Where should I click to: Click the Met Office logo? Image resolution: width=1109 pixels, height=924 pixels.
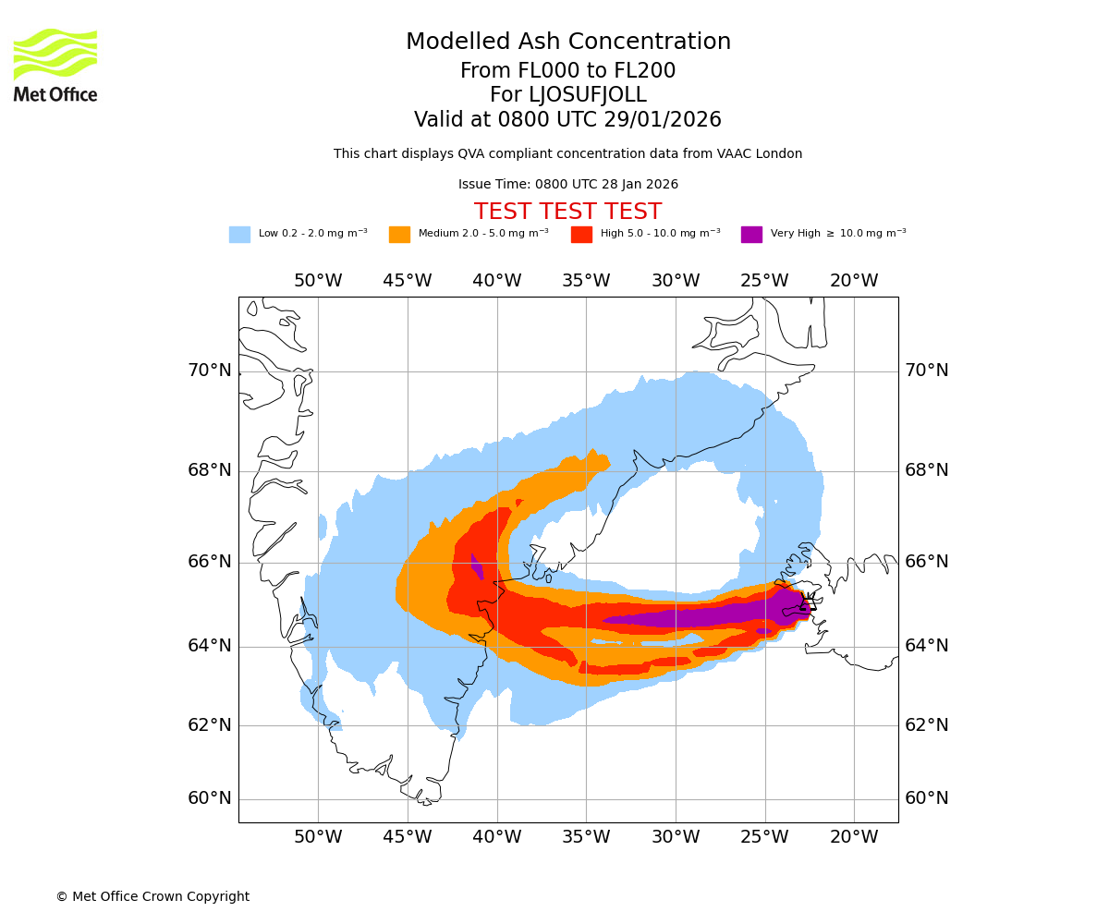55,65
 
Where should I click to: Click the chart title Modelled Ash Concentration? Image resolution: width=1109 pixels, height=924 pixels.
568,43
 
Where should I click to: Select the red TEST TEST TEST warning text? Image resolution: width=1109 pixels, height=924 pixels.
567,212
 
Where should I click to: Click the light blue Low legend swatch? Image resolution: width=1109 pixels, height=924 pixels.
239,235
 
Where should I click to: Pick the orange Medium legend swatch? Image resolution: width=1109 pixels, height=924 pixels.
399,235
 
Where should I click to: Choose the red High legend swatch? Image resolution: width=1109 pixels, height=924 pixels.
581,235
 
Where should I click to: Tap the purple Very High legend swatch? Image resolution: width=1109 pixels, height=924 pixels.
751,235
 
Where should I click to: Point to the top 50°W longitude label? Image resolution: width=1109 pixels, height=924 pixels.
318,281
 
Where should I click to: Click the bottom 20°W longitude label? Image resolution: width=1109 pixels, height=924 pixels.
854,837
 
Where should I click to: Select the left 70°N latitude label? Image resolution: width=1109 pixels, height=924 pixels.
210,371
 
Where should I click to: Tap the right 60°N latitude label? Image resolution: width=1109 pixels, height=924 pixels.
926,798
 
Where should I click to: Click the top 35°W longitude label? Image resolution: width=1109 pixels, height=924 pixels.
586,281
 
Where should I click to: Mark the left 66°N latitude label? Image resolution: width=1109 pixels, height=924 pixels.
210,562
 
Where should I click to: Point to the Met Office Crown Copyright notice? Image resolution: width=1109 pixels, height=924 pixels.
152,896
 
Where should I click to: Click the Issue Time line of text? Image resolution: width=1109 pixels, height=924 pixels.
567,184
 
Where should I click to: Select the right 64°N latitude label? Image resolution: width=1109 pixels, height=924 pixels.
926,645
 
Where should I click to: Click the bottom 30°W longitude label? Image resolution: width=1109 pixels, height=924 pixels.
676,837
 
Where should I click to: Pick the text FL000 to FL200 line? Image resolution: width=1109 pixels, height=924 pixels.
567,71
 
